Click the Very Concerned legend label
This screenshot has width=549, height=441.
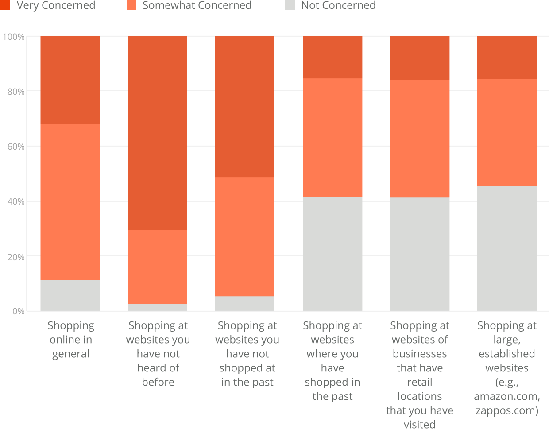56,5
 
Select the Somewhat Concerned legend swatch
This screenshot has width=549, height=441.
131,5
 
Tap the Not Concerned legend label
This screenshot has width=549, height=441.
338,5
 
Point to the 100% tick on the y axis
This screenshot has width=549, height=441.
13,37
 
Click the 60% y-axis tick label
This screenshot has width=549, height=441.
15,147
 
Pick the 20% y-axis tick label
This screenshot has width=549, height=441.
15,257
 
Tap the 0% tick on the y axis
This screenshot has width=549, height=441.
18,311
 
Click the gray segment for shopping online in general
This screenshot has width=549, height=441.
70,295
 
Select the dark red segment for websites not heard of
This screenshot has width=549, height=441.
158,133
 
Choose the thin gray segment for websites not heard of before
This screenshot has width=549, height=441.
158,307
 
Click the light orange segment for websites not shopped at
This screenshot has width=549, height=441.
245,236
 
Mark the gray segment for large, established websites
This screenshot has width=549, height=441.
507,248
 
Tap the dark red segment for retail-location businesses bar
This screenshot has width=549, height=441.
420,58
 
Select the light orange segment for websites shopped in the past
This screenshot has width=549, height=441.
332,137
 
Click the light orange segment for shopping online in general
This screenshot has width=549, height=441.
70,201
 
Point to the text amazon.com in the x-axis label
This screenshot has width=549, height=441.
506,396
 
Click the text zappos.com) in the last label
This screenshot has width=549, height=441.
507,410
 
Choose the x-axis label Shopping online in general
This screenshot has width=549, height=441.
71,340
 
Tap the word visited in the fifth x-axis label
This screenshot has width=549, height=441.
420,425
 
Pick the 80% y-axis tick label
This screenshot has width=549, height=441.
15,92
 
